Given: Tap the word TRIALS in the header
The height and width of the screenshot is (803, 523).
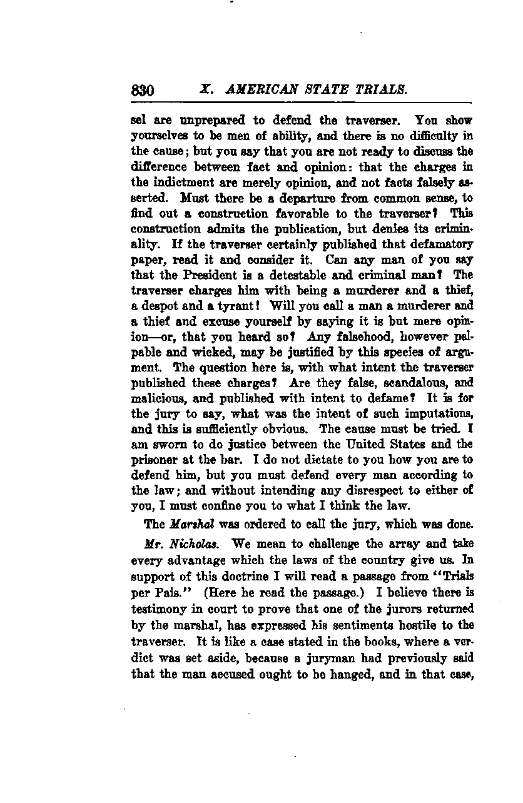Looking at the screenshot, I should click(x=382, y=90).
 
